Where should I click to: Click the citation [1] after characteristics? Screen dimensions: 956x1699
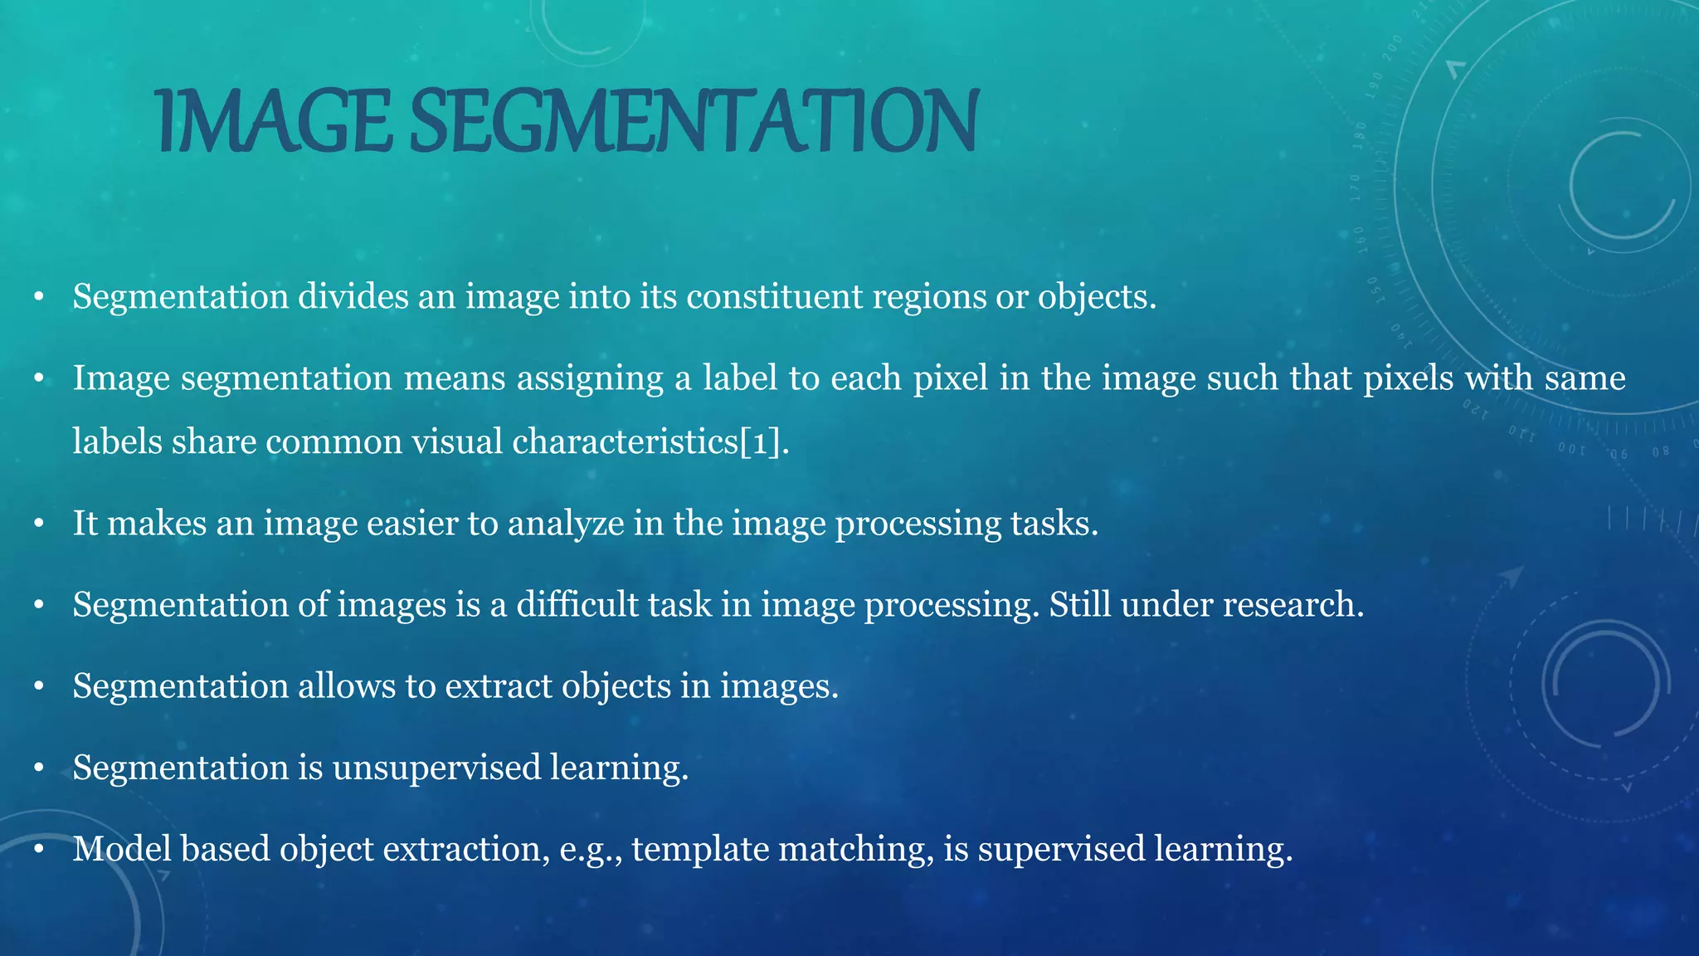coord(761,441)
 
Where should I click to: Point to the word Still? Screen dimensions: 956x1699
coord(1080,604)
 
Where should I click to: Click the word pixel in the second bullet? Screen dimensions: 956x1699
coord(951,378)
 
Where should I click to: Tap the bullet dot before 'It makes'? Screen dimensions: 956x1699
coord(38,524)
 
